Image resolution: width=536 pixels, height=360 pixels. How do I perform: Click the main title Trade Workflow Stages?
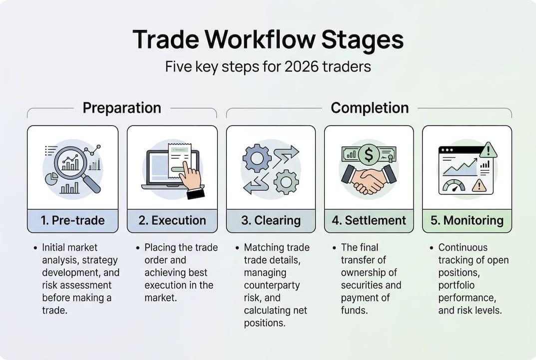(x=268, y=39)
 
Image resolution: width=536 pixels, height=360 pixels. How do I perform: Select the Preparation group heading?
(x=122, y=108)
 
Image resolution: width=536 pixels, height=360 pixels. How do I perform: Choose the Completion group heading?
(x=370, y=108)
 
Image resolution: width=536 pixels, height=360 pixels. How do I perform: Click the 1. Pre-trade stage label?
(x=73, y=220)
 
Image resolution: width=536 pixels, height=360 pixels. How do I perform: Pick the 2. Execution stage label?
(x=172, y=220)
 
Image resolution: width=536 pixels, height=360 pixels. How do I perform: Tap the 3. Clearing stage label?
(x=271, y=220)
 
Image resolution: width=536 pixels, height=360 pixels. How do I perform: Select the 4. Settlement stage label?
(x=369, y=220)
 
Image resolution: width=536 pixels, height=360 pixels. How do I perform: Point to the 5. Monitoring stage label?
(x=467, y=220)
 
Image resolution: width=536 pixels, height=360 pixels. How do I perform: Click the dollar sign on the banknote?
(x=369, y=155)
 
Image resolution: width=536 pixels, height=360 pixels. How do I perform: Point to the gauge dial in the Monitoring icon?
(x=454, y=186)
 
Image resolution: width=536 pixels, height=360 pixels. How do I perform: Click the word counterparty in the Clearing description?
(x=272, y=285)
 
